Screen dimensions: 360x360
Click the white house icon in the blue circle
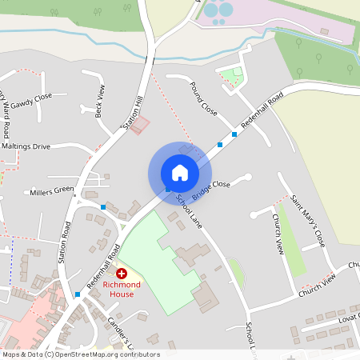(x=180, y=172)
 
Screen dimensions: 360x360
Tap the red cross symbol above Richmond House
(x=122, y=274)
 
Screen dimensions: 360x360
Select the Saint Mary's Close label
(x=308, y=220)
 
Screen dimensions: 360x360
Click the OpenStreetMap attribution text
(x=80, y=354)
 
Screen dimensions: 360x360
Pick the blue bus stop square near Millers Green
(x=103, y=207)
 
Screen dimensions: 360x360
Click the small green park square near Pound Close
(x=231, y=77)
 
